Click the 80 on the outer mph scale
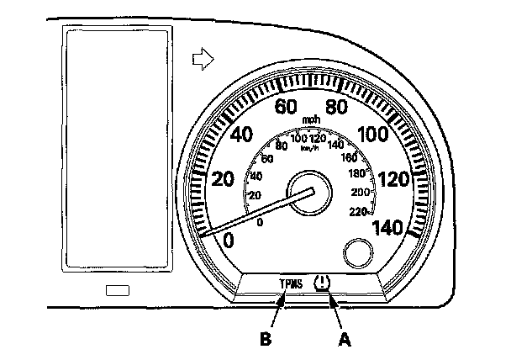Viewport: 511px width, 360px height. click(x=336, y=107)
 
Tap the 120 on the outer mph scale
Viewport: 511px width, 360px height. click(x=393, y=179)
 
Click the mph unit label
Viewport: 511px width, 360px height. click(x=312, y=120)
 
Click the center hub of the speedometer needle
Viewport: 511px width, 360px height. click(x=302, y=193)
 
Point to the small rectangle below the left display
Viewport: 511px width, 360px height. click(x=118, y=290)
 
